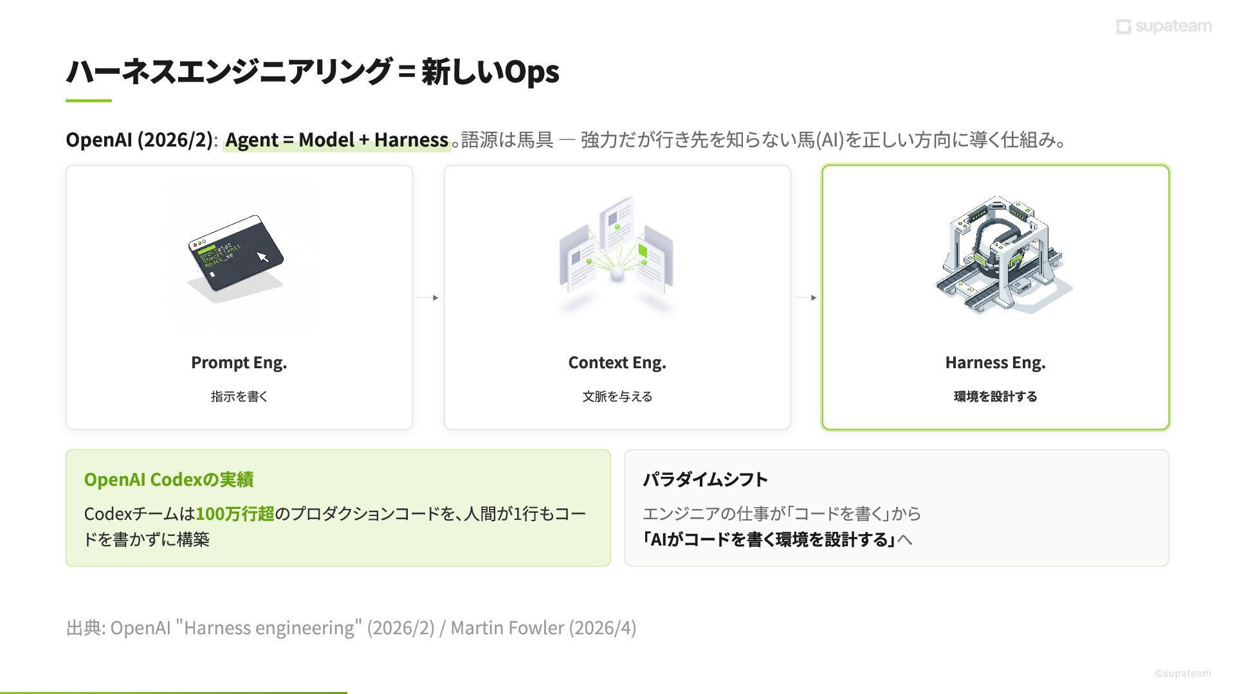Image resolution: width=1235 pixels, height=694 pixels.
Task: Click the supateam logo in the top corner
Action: pos(1164,26)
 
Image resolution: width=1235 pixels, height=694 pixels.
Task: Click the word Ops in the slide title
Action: pos(531,72)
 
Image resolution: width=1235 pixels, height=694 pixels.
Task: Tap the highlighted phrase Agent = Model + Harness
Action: pos(336,140)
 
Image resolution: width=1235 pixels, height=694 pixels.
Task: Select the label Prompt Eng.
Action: pos(239,362)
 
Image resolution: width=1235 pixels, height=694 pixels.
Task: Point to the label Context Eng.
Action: pos(617,362)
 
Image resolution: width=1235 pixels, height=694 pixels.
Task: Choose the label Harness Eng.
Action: pos(995,362)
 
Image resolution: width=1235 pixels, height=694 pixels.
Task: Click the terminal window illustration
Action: pos(235,253)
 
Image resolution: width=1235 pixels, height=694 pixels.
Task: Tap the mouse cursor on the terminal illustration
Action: pos(262,257)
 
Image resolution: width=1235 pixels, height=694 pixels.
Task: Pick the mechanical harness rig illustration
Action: pos(999,256)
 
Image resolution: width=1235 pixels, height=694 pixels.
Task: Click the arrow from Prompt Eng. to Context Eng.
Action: pos(428,298)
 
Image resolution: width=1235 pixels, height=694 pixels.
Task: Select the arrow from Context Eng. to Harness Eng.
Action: pos(806,298)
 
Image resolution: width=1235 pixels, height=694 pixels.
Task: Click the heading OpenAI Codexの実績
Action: pos(169,479)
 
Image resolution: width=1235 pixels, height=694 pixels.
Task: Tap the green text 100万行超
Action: pos(235,514)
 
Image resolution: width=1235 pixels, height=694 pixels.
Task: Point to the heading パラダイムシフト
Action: pos(705,479)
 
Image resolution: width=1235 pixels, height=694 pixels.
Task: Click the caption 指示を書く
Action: pos(239,396)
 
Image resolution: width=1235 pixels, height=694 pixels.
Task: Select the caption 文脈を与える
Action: pos(617,396)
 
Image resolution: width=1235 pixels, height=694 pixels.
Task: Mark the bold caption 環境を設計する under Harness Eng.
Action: pos(995,396)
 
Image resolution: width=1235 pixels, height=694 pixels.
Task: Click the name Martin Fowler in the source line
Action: pos(507,628)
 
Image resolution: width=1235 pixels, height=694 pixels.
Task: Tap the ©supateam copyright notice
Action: pos(1182,673)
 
